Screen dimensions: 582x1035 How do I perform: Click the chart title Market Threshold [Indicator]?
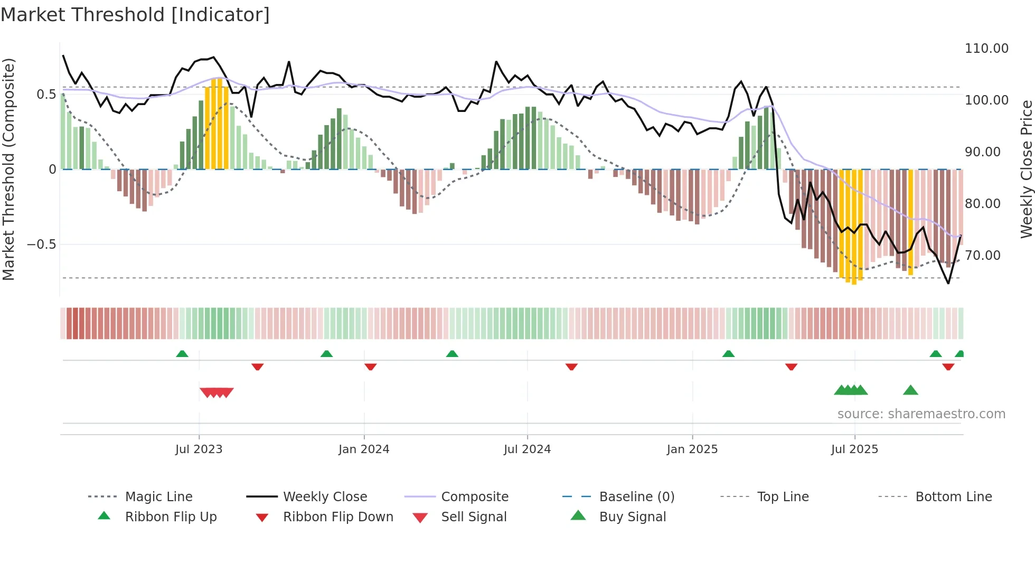[x=135, y=15]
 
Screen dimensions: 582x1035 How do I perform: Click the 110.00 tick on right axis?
[x=986, y=49]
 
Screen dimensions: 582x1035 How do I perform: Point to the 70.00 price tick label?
[x=982, y=256]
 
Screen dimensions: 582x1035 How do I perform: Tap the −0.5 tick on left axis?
[x=41, y=245]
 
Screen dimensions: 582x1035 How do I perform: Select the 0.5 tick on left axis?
[x=46, y=95]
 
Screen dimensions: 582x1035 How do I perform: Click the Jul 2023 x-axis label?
[x=199, y=449]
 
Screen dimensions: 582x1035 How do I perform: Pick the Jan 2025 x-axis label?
[x=692, y=449]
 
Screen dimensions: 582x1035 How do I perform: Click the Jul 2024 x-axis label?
[x=527, y=449]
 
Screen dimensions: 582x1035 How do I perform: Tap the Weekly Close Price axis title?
[x=1026, y=169]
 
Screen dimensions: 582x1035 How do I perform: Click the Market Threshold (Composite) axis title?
[x=8, y=169]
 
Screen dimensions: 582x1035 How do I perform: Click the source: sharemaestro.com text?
[x=921, y=414]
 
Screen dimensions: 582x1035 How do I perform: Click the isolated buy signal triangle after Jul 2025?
[x=910, y=391]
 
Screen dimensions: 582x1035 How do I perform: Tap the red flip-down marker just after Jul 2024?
[x=571, y=367]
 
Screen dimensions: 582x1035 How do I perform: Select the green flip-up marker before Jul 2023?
[x=182, y=354]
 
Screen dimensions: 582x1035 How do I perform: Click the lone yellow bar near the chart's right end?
[x=910, y=222]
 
